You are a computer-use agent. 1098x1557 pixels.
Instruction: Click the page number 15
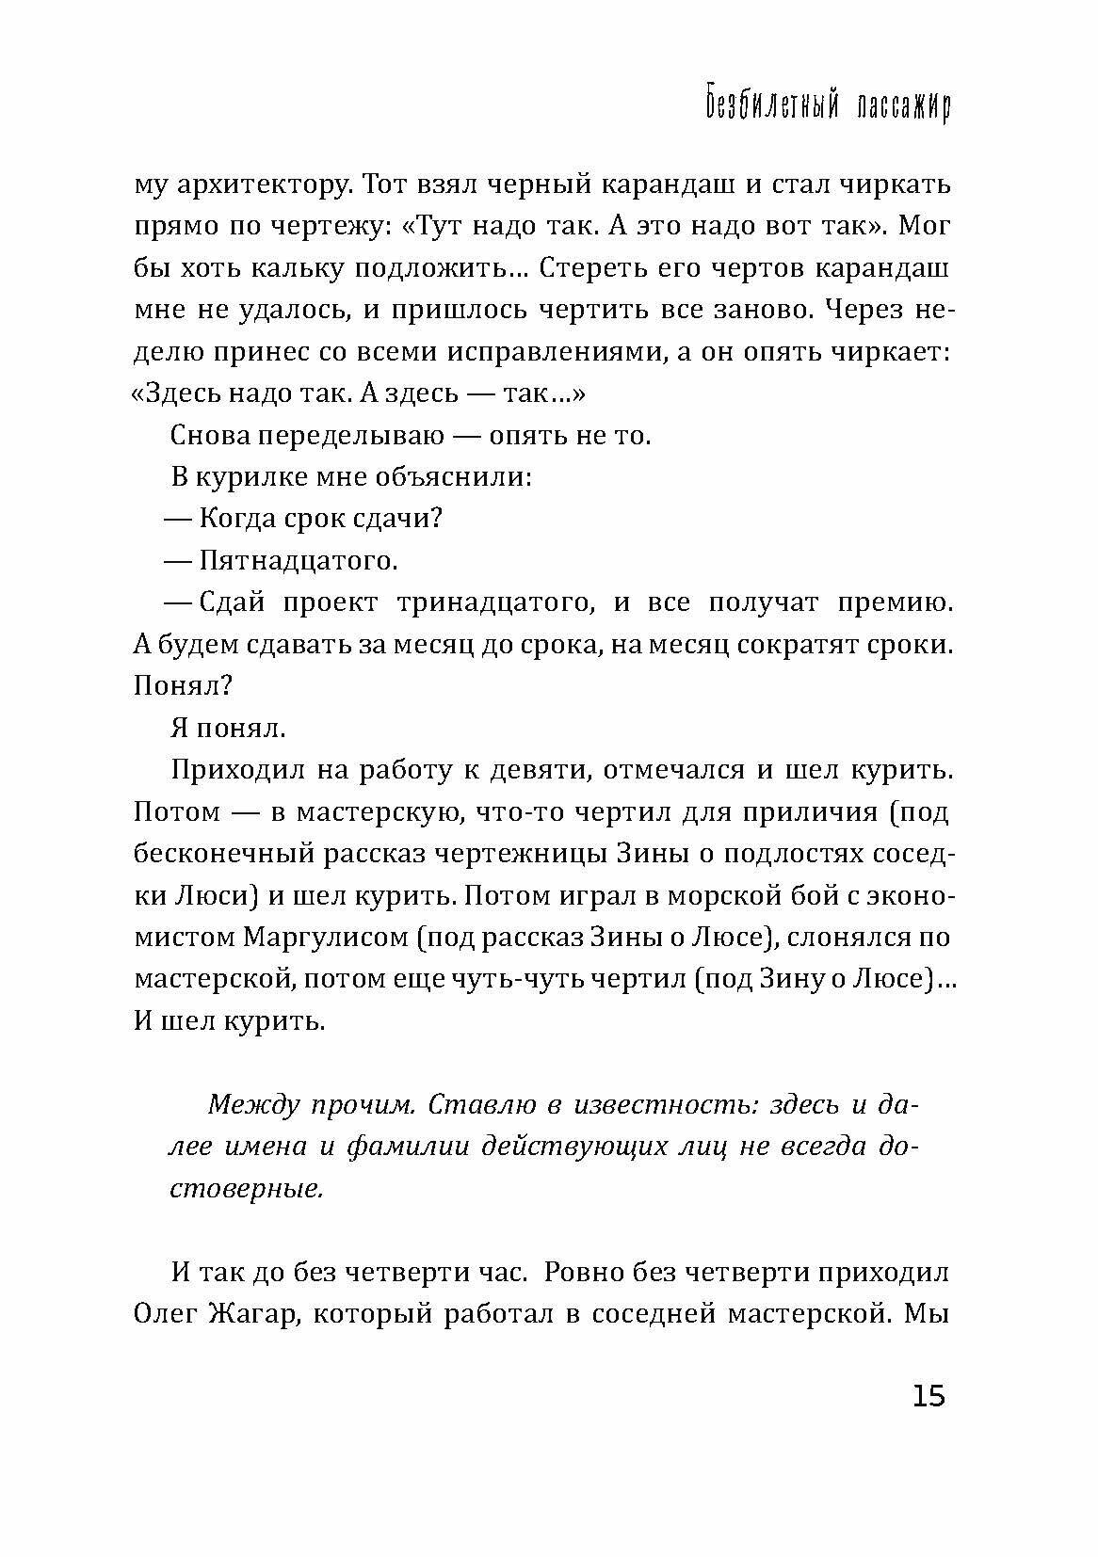pyautogui.click(x=928, y=1395)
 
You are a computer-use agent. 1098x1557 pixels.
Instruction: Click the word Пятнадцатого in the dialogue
pyautogui.click(x=299, y=562)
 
